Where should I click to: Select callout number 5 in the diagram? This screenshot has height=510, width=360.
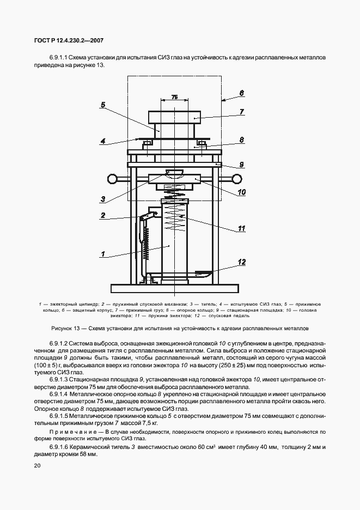[x=103, y=105]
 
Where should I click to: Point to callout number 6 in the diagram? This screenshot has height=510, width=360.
[x=242, y=93]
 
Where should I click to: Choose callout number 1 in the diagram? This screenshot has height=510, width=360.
[x=103, y=253]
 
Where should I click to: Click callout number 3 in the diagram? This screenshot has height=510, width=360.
[x=103, y=198]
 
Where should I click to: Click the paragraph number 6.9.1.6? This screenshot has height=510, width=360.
[x=60, y=447]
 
